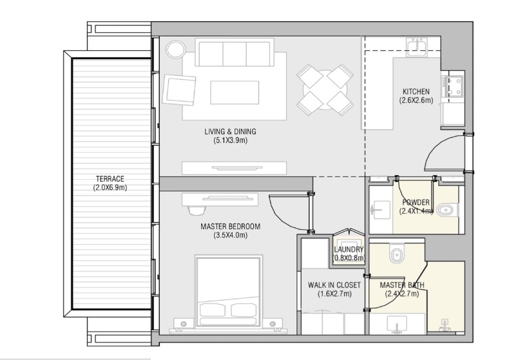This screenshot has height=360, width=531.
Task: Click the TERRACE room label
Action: click(110, 178)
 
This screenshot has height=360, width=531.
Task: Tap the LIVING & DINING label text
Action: click(229, 131)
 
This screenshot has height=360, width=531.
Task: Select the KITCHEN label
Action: click(416, 91)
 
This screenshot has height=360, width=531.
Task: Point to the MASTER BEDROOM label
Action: click(230, 226)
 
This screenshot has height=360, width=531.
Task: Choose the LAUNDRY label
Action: click(349, 250)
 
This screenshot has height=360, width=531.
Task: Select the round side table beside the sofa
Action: click(175, 50)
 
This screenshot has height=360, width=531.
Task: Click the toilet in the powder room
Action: click(447, 210)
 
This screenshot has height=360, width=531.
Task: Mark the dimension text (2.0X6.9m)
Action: click(110, 187)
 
